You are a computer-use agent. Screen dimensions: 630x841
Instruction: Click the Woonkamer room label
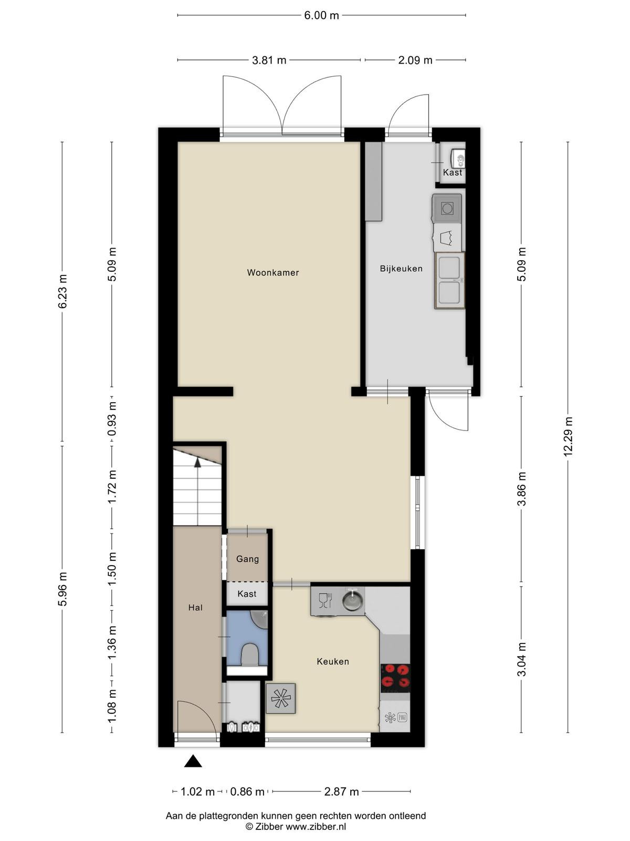[272, 272]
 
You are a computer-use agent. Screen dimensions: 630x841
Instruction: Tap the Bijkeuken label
[401, 269]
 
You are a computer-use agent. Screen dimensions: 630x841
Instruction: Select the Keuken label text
[333, 661]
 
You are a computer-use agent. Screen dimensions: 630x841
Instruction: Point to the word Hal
[195, 607]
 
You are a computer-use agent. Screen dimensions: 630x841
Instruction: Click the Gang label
[247, 559]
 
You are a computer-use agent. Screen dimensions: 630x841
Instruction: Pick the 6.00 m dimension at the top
[321, 15]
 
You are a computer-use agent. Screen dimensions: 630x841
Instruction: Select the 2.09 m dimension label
[415, 60]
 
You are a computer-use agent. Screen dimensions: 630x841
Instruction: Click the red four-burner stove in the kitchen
[395, 677]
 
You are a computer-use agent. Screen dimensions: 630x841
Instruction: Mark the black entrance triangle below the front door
[193, 762]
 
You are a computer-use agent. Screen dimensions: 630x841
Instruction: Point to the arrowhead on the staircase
[197, 463]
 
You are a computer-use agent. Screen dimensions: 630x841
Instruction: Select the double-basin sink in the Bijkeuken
[449, 280]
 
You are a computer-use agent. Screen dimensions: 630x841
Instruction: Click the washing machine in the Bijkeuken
[447, 208]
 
